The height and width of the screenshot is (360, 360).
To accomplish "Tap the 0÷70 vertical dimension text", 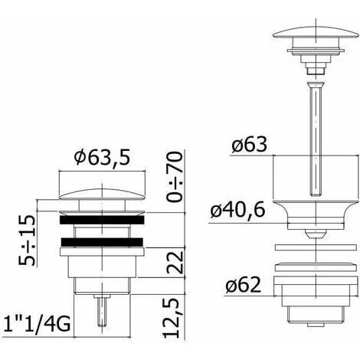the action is (175, 177).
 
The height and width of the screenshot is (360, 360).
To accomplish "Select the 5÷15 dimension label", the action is (26, 240).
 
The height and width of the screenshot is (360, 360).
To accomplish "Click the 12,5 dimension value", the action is (171, 317).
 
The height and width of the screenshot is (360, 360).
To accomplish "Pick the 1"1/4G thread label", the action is (37, 324).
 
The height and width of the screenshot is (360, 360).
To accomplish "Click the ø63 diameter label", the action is (249, 144).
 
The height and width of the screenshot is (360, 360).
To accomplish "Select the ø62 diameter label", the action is (243, 285).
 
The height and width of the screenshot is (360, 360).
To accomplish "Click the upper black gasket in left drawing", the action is (102, 220).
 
